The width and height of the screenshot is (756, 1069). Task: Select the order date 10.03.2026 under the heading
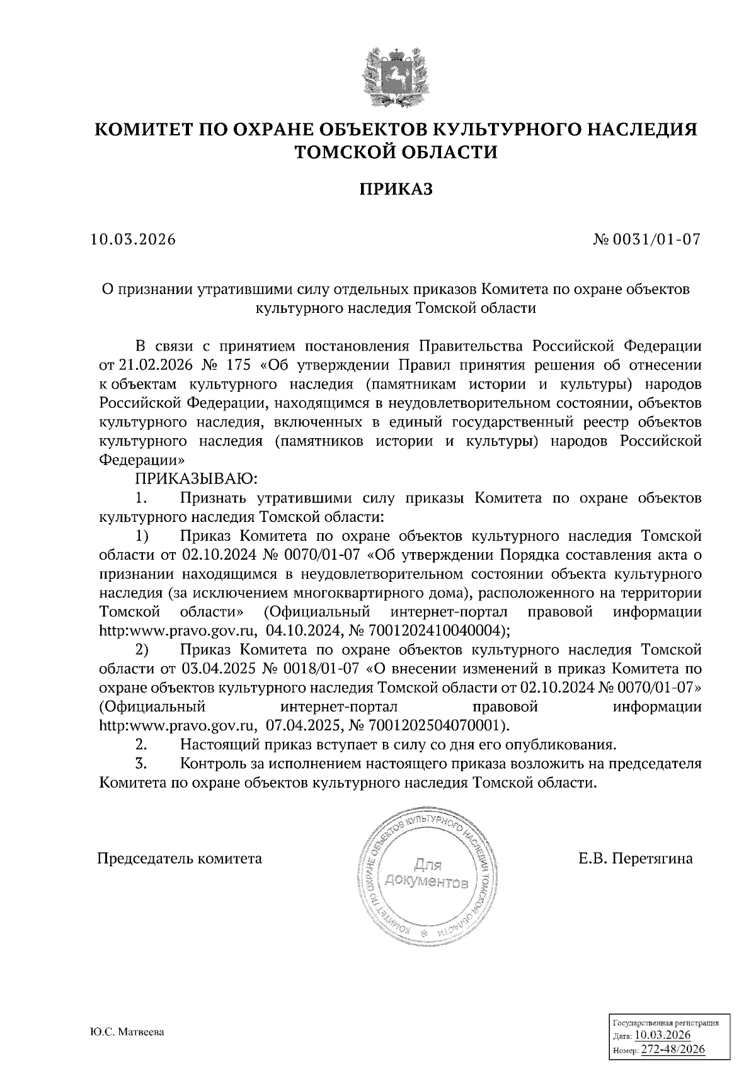pyautogui.click(x=132, y=240)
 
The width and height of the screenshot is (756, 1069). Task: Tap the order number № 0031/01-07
pyautogui.click(x=647, y=240)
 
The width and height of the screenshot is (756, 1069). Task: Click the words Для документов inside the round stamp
pyautogui.click(x=426, y=874)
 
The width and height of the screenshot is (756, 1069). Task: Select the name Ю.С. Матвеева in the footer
pyautogui.click(x=127, y=1033)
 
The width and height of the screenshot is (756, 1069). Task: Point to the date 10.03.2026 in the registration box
pyautogui.click(x=663, y=1036)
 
